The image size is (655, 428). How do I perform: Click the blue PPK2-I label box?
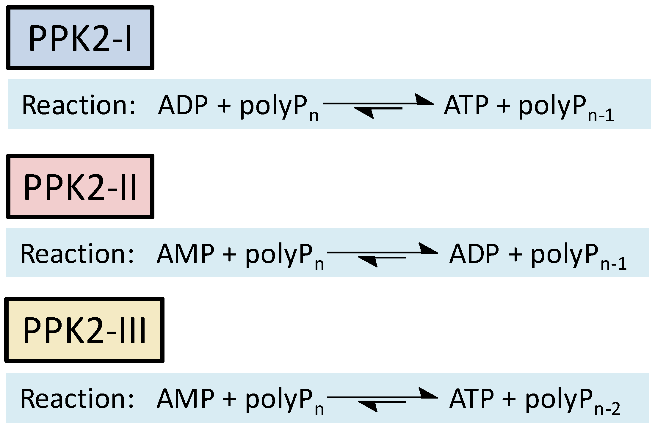80,38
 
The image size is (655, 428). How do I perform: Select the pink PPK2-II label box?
80,186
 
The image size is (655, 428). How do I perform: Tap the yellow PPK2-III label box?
84,330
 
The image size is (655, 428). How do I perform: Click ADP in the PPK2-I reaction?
183,105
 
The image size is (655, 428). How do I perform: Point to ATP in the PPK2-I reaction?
466,105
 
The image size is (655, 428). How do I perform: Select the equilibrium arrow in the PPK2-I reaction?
378,106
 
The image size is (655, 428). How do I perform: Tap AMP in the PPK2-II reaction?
185,254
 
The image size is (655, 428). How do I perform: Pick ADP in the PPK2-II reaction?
474,254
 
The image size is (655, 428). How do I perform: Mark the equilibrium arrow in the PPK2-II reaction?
382,255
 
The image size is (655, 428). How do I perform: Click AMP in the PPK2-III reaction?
185,399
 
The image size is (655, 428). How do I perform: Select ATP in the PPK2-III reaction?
472,399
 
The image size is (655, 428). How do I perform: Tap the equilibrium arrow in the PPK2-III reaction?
382,400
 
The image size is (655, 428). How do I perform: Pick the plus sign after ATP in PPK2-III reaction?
509,399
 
